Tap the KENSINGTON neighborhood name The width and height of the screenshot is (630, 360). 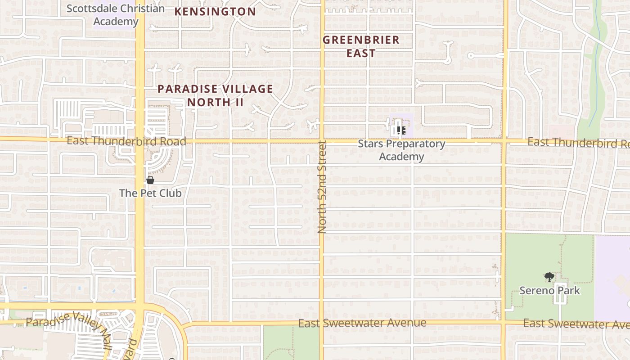click(215, 12)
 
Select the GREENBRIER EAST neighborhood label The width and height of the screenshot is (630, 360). click(361, 46)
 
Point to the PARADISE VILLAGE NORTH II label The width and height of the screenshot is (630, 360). click(215, 95)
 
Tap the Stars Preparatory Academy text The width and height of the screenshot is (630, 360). click(401, 150)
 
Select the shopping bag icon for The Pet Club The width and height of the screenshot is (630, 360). click(150, 180)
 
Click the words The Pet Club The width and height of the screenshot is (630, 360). click(150, 193)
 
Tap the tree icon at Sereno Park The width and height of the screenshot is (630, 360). click(549, 277)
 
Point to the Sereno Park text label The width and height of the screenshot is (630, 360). click(549, 290)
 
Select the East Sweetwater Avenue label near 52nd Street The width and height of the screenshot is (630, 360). click(362, 323)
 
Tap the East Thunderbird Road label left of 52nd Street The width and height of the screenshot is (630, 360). click(126, 141)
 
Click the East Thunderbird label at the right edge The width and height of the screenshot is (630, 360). click(578, 143)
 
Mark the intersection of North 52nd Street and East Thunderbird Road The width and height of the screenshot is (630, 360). click(322, 141)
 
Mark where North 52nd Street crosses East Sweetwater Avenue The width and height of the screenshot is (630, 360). click(322, 323)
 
